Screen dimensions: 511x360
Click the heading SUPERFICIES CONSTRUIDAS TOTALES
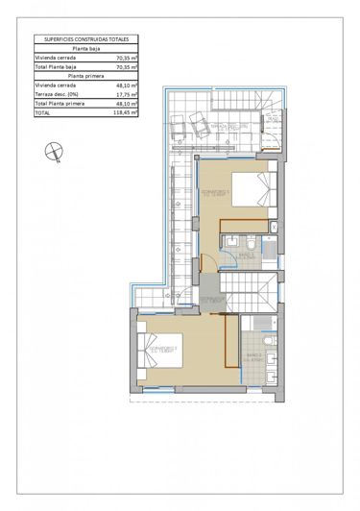click(x=85, y=38)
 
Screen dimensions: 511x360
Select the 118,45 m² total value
click(x=126, y=112)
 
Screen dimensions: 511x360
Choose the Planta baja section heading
click(x=85, y=48)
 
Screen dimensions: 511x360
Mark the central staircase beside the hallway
click(x=249, y=288)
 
